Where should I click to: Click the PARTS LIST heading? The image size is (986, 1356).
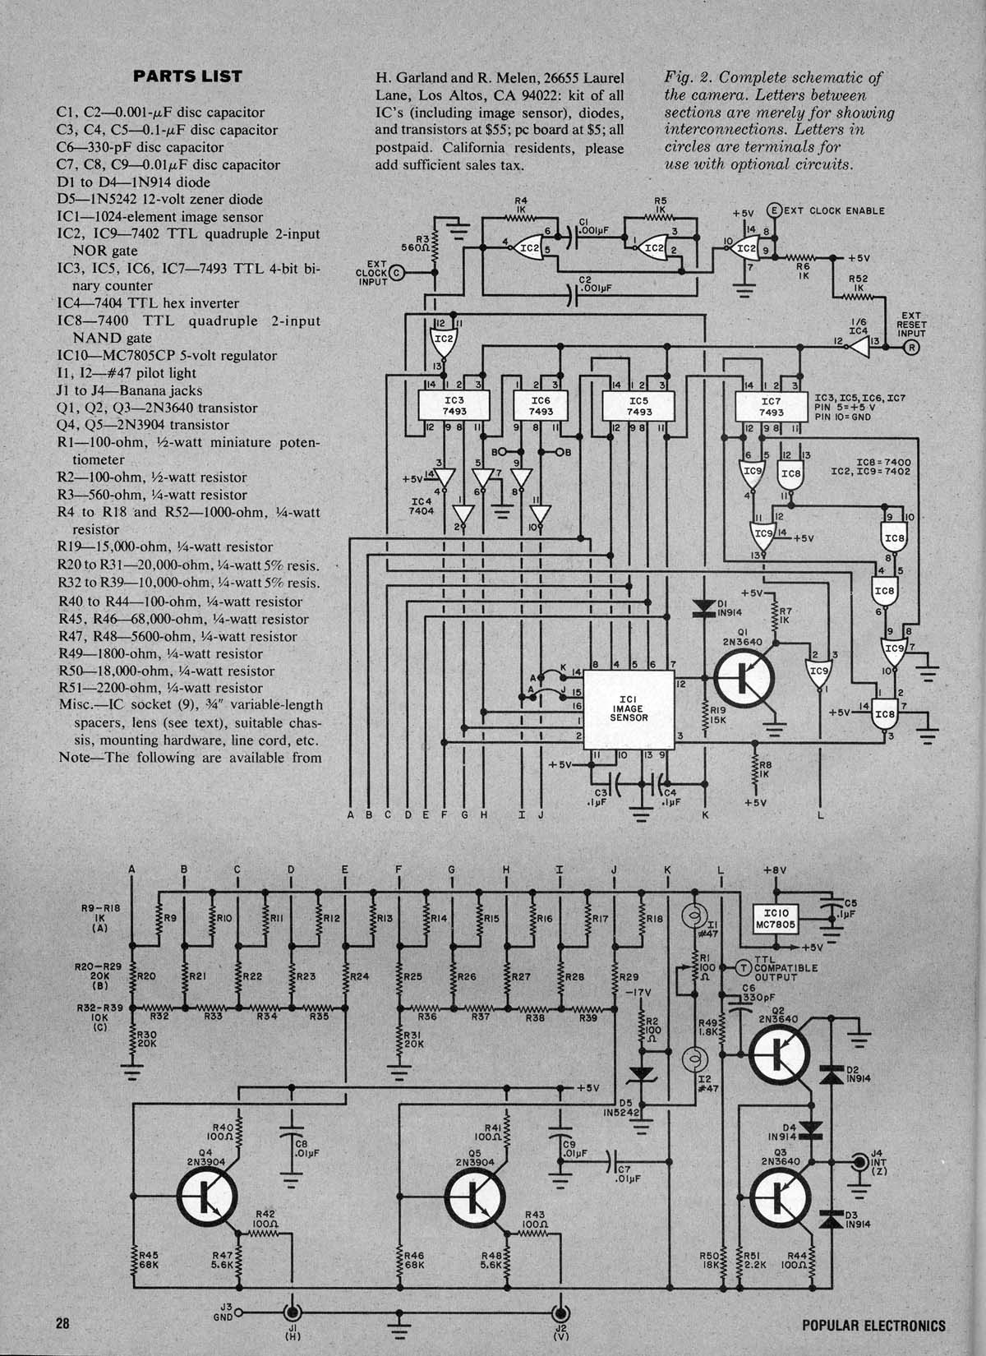[x=187, y=76]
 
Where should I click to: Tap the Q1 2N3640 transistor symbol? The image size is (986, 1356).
[x=744, y=678]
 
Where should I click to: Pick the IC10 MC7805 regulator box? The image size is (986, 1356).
[x=776, y=919]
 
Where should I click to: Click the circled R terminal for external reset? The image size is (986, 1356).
[x=912, y=348]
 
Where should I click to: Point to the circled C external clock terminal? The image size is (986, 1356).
[x=397, y=272]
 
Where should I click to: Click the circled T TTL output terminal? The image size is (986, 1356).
[x=744, y=967]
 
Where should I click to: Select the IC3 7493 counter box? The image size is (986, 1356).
[x=454, y=406]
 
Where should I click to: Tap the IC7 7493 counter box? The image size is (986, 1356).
[x=771, y=406]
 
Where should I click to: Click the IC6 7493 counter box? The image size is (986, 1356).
[x=541, y=406]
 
